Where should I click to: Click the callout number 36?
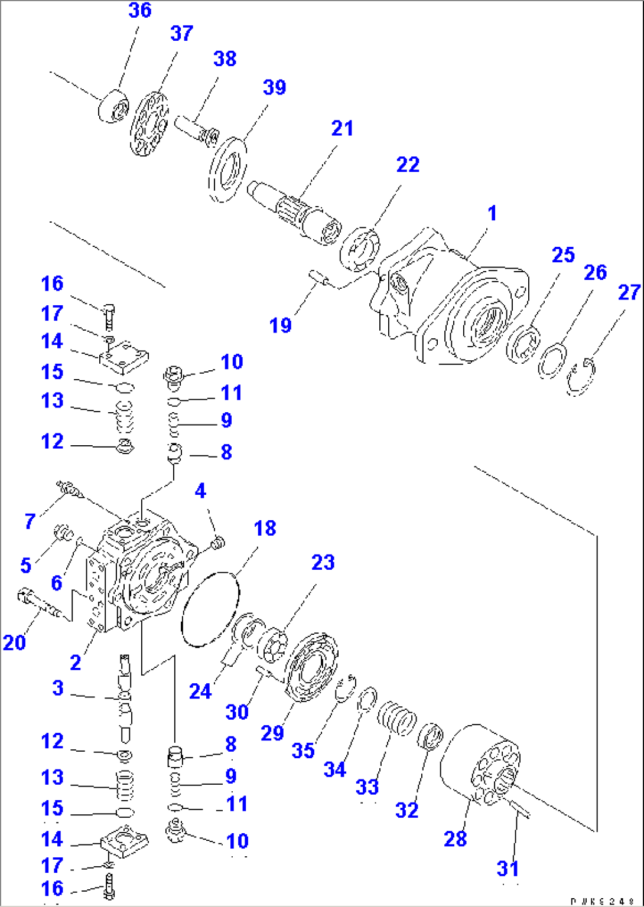click(x=140, y=11)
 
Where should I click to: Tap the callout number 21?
click(x=342, y=128)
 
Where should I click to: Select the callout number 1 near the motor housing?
click(x=492, y=214)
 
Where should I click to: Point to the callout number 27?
click(x=629, y=292)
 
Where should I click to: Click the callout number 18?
click(x=265, y=528)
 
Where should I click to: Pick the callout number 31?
click(x=508, y=869)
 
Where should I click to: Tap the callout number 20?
click(x=14, y=642)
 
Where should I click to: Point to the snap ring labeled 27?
click(x=582, y=378)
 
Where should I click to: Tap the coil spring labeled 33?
click(x=397, y=718)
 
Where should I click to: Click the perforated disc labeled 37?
click(x=149, y=123)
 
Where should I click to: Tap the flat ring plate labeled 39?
click(x=227, y=171)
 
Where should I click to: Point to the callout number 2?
click(x=75, y=663)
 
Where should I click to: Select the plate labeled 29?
click(x=311, y=667)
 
